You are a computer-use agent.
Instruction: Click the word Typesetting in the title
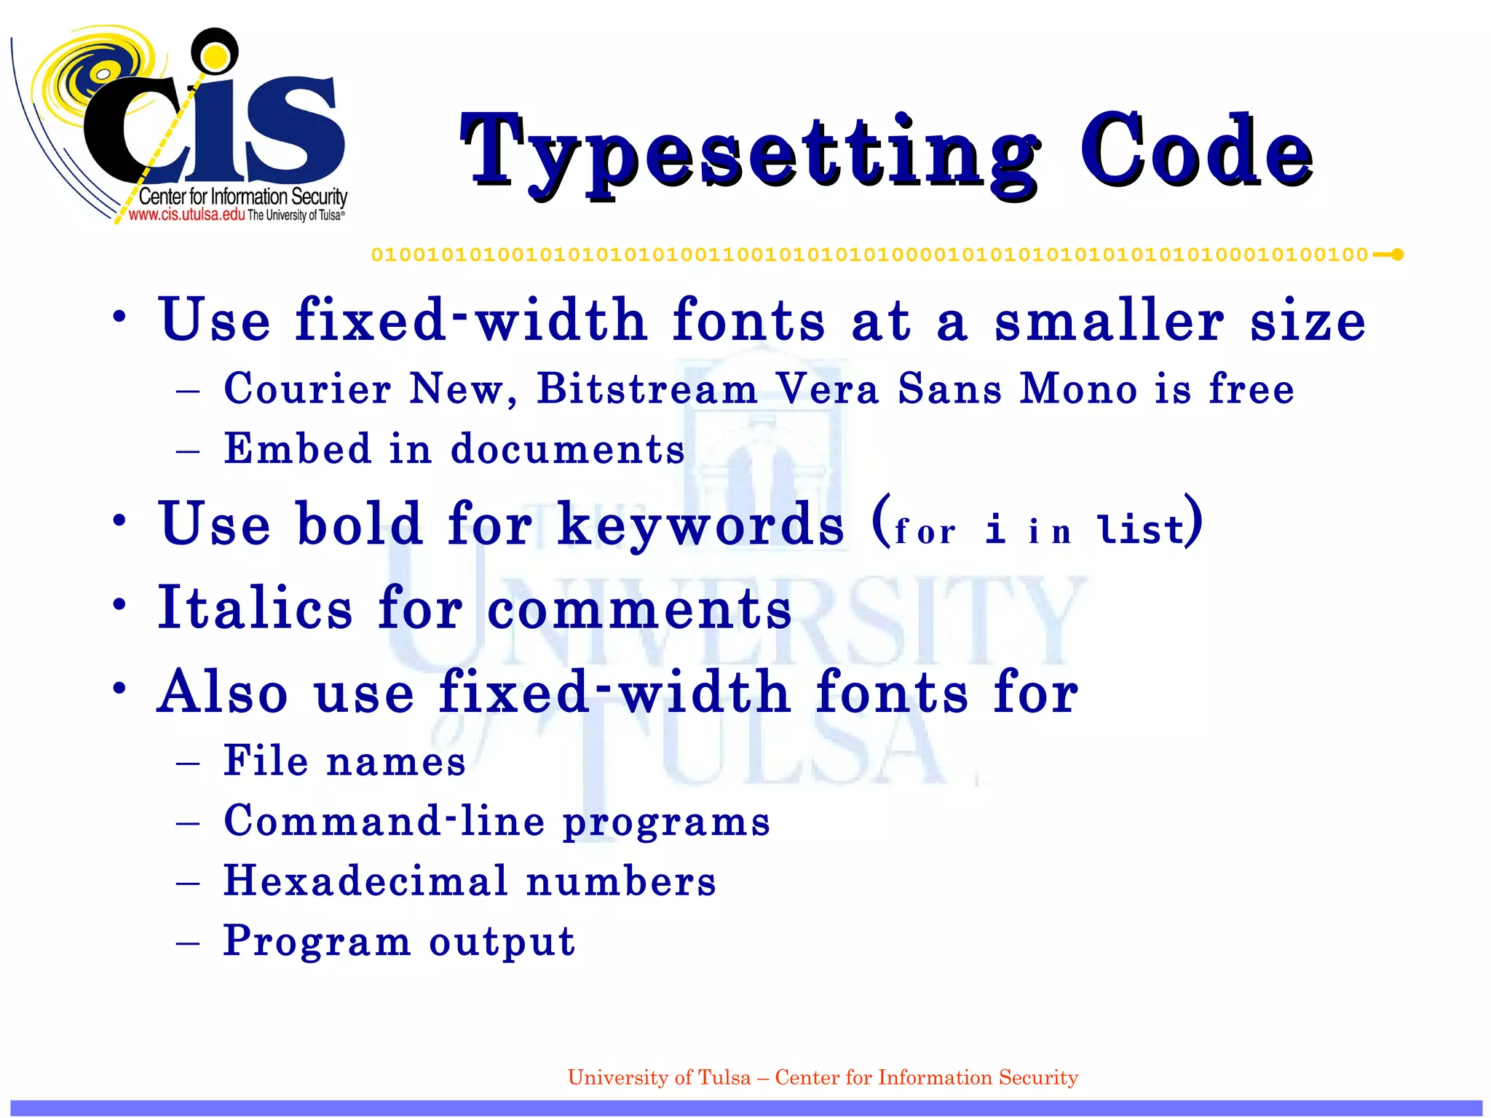pos(750,154)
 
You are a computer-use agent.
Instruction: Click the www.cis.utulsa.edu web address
pos(186,215)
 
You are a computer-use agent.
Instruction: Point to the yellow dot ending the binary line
pos(1397,255)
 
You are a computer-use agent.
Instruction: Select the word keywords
pos(700,524)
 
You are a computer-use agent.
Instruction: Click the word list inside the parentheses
pos(1142,528)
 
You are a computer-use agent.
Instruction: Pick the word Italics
pos(255,608)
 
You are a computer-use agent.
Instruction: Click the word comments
pos(639,609)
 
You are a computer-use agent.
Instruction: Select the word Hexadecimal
pos(365,881)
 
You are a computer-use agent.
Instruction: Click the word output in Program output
pos(502,941)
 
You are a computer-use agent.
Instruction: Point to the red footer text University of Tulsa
pos(659,1077)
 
